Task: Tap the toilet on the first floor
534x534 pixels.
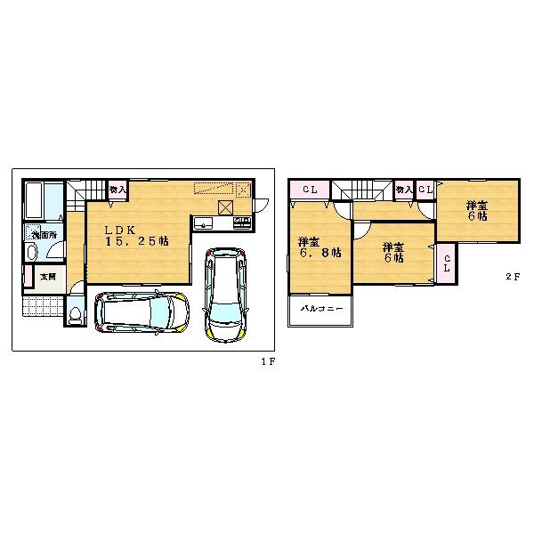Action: click(x=76, y=314)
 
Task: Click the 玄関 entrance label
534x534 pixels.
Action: click(x=47, y=276)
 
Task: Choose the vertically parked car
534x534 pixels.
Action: click(x=223, y=294)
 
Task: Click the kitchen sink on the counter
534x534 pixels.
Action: click(x=203, y=222)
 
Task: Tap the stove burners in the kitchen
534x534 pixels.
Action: click(x=241, y=222)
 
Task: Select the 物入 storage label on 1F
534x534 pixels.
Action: click(x=117, y=189)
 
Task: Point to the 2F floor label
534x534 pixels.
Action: click(x=512, y=277)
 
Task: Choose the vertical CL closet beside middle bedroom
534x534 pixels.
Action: click(x=447, y=264)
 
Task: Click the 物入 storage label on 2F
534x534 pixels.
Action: click(x=403, y=190)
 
